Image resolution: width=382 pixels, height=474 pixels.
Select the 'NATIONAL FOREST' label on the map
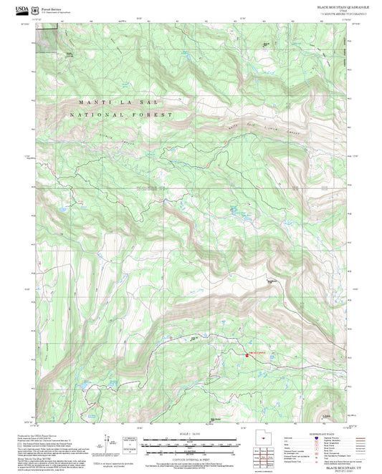click(x=122, y=115)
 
